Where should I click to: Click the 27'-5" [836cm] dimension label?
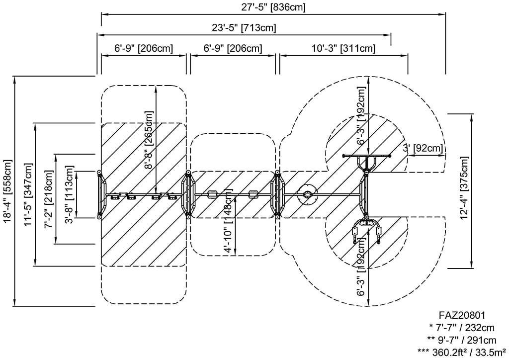[x=273, y=7]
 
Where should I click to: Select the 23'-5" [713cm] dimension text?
[x=244, y=28]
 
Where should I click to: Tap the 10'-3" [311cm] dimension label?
[x=343, y=48]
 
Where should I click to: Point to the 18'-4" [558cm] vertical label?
[x=8, y=191]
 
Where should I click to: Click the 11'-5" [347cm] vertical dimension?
[x=28, y=194]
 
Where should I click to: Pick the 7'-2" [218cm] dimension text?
[x=49, y=199]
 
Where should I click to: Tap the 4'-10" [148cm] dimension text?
[x=229, y=220]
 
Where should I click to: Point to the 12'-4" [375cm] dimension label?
[x=465, y=188]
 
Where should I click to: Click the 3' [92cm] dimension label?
[x=423, y=148]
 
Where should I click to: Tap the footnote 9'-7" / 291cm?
[x=461, y=340]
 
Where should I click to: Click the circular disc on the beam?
[x=307, y=194]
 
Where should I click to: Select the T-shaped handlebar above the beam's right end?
[x=367, y=160]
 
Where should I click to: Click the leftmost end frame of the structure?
[x=101, y=194]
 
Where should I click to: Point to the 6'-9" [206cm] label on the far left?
[x=144, y=48]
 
